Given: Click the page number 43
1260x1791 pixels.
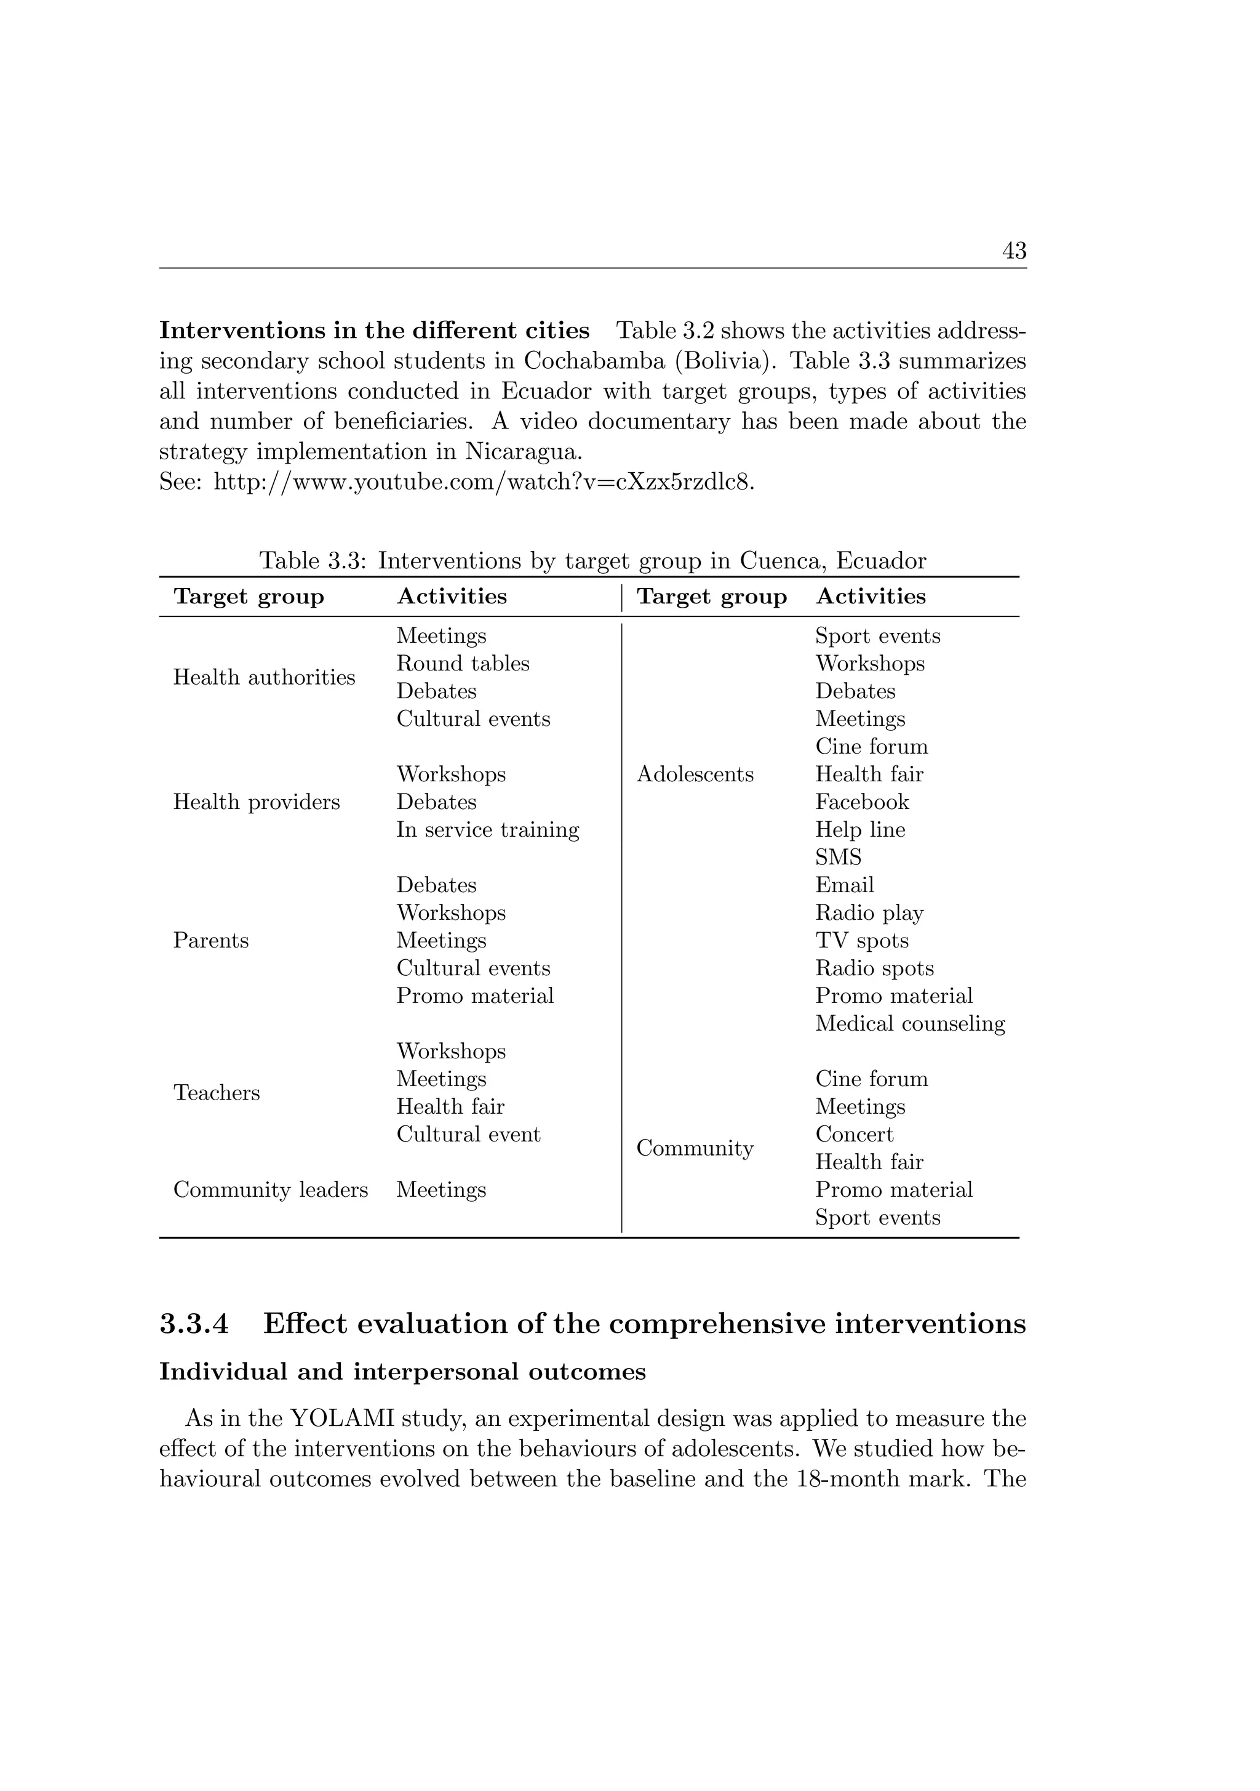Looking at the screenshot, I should click(x=1014, y=251).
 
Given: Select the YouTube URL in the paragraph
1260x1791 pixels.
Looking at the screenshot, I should click(x=484, y=483).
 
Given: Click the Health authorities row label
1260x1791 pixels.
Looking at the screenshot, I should click(x=263, y=677).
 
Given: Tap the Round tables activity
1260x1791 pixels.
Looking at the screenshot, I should click(x=463, y=664).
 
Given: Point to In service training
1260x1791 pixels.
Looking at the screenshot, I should click(x=487, y=830).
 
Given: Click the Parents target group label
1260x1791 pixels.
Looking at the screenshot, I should click(x=210, y=941).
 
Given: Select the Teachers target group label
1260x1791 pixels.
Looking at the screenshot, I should click(x=216, y=1093).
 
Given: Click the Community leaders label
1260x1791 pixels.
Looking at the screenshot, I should click(x=269, y=1189).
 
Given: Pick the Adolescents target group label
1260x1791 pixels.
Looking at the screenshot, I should click(x=695, y=775).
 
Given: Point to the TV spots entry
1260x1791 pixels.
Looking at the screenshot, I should click(x=861, y=941).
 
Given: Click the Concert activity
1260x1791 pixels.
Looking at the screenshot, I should click(x=854, y=1134).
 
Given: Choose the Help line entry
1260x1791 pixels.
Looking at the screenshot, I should click(x=860, y=830).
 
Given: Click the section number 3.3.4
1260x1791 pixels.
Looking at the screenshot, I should click(x=194, y=1324).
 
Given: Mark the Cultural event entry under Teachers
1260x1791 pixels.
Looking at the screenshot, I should click(x=468, y=1134).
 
